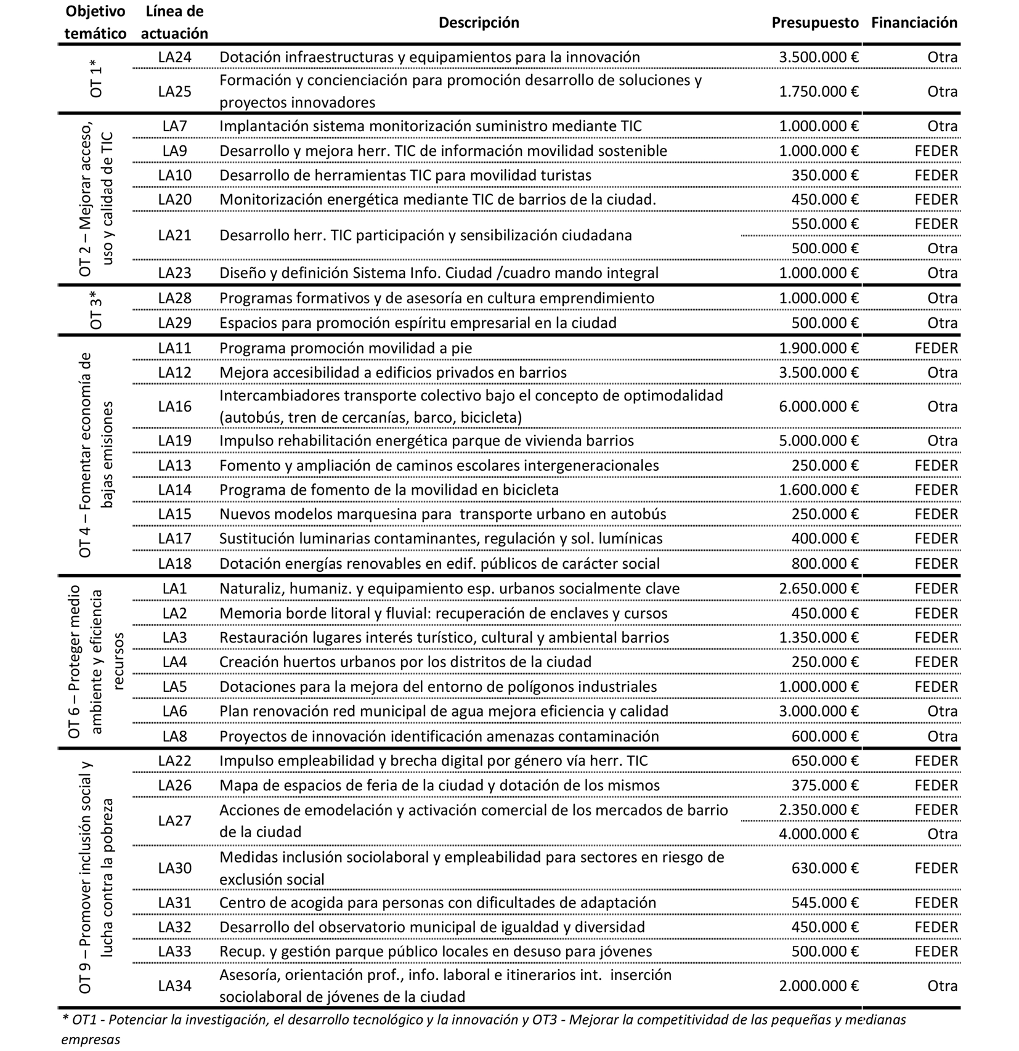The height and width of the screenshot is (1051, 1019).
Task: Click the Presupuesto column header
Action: coord(814,23)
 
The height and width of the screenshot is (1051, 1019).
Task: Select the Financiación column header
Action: coord(914,23)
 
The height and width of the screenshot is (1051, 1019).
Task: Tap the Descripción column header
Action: coord(479,23)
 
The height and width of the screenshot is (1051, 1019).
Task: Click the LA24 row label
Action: coord(174,57)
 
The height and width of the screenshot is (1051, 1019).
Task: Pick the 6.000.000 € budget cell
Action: coord(818,407)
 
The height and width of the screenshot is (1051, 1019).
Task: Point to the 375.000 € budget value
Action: coord(824,785)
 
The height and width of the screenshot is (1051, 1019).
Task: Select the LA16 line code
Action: coord(174,407)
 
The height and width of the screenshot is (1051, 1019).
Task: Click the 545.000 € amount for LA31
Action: coord(824,903)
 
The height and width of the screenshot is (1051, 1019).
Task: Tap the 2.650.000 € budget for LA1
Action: coord(818,588)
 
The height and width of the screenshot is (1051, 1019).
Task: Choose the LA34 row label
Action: coord(174,986)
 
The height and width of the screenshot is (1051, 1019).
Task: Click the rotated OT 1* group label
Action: coord(97,79)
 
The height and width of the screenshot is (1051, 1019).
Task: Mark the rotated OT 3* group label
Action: coord(97,310)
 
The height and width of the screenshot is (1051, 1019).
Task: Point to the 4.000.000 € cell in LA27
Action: coord(818,834)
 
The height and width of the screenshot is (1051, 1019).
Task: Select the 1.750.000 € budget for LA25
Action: coord(818,92)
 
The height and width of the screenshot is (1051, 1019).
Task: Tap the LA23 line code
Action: coord(174,273)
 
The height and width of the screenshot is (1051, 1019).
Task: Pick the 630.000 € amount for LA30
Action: coord(824,868)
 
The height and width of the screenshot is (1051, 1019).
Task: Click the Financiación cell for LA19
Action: coord(942,441)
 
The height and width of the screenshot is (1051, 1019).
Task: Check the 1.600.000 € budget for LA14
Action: coord(818,490)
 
